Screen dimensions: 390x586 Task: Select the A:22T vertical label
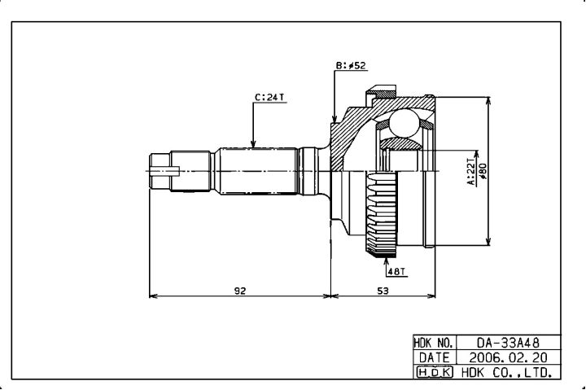[x=470, y=172]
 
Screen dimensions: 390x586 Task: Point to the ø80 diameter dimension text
[x=482, y=172]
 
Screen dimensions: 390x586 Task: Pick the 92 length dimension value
[x=240, y=290]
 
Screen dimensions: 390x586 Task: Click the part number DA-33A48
[x=508, y=344]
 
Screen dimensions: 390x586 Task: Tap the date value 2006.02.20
[x=508, y=357]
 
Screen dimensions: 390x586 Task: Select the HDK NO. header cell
[x=433, y=344]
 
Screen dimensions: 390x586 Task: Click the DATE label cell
[x=433, y=357]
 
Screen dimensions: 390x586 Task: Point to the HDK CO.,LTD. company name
[x=508, y=372]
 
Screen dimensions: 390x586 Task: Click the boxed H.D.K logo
[x=433, y=372]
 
